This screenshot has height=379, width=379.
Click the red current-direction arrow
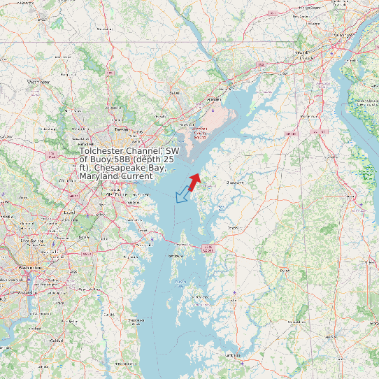tap(194, 180)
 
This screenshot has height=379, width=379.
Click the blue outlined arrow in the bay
tap(183, 194)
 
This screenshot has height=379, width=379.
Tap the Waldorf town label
tap(57, 340)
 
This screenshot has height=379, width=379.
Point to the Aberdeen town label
tap(174, 92)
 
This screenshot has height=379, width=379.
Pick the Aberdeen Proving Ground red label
tap(200, 132)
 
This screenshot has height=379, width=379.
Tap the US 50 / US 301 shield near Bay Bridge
tap(208, 248)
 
